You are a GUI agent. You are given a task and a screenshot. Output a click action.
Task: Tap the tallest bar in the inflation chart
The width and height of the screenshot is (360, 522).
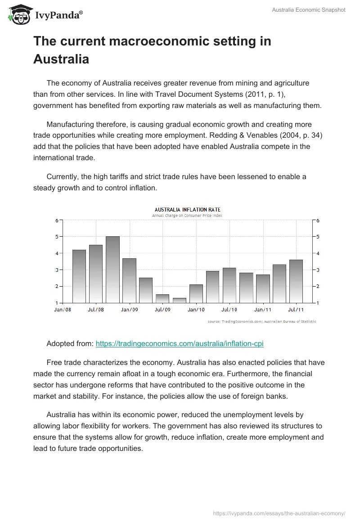point(112,269)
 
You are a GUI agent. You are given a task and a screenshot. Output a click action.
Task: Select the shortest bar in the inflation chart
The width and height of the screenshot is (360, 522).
point(179,300)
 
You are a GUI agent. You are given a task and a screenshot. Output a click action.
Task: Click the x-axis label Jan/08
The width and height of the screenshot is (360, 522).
point(63,310)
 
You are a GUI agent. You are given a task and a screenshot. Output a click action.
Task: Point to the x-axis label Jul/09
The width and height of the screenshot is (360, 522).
point(162,310)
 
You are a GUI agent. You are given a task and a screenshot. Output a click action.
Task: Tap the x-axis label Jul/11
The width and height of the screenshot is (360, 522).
point(296,310)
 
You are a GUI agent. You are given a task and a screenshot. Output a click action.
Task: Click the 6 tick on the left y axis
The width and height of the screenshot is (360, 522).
point(57,220)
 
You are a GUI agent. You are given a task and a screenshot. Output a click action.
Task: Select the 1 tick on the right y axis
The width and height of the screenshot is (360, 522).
point(318,303)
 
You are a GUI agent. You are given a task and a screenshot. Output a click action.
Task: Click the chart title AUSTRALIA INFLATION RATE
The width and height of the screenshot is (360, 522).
point(187,209)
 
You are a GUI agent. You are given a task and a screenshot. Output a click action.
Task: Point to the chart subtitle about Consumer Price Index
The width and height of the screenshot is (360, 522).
point(187,216)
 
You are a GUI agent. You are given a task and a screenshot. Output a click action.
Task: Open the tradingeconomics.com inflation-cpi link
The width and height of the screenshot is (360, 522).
point(180,343)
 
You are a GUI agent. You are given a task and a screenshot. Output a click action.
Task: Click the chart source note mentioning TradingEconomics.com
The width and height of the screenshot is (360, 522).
point(262,321)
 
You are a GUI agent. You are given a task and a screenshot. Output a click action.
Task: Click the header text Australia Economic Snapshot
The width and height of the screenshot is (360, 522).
point(309,10)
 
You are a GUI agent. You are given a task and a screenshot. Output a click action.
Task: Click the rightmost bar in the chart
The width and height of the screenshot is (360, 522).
point(296,281)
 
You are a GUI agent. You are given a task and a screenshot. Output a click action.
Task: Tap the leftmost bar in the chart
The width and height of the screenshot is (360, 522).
point(79,276)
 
